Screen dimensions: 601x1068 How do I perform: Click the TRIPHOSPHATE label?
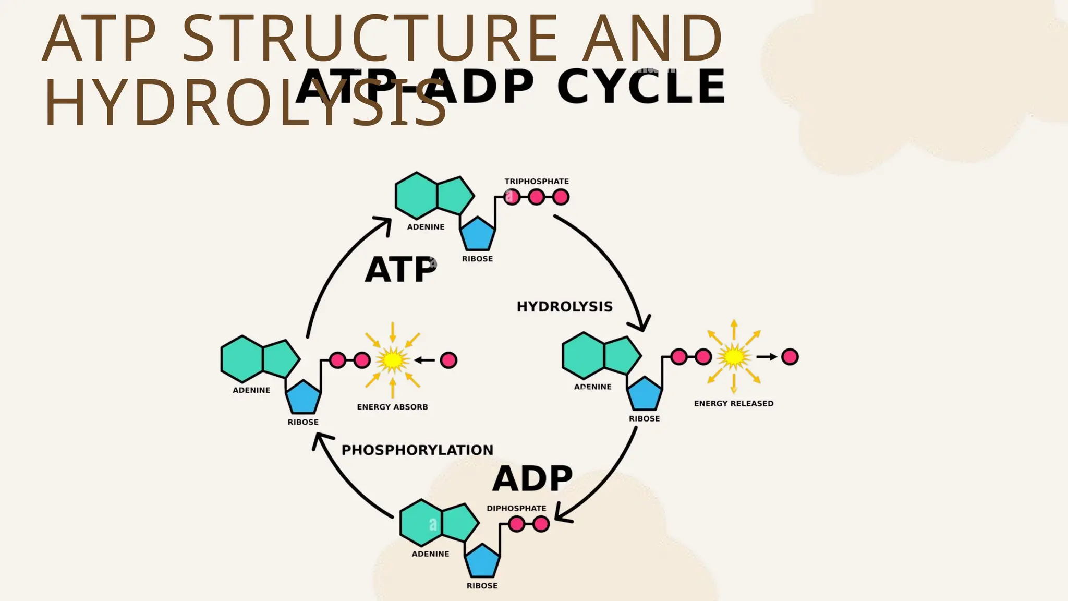click(x=536, y=181)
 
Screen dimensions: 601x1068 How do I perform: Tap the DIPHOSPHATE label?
click(x=516, y=508)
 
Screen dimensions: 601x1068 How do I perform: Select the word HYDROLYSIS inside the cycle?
click(x=564, y=306)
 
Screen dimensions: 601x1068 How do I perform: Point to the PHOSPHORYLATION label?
click(x=417, y=450)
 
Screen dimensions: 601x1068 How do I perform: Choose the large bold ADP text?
click(x=532, y=479)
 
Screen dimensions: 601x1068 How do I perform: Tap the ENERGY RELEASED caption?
click(x=733, y=403)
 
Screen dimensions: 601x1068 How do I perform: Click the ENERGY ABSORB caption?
click(x=392, y=407)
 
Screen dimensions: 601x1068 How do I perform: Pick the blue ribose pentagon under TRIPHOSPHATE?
click(x=478, y=234)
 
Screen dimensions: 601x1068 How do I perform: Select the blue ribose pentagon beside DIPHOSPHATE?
click(x=482, y=561)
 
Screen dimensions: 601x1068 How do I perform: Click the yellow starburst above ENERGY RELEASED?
click(x=734, y=357)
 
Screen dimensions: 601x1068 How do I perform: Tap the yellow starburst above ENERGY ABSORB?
click(x=393, y=360)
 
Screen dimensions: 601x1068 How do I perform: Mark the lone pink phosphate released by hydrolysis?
click(x=790, y=357)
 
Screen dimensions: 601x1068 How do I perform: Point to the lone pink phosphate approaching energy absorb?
click(x=448, y=360)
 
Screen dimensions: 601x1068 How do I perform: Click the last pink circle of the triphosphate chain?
click(x=561, y=197)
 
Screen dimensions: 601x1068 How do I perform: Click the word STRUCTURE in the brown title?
click(x=371, y=39)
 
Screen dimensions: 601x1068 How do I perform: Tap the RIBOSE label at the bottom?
click(x=482, y=586)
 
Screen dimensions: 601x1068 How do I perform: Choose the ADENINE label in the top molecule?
click(x=426, y=227)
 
